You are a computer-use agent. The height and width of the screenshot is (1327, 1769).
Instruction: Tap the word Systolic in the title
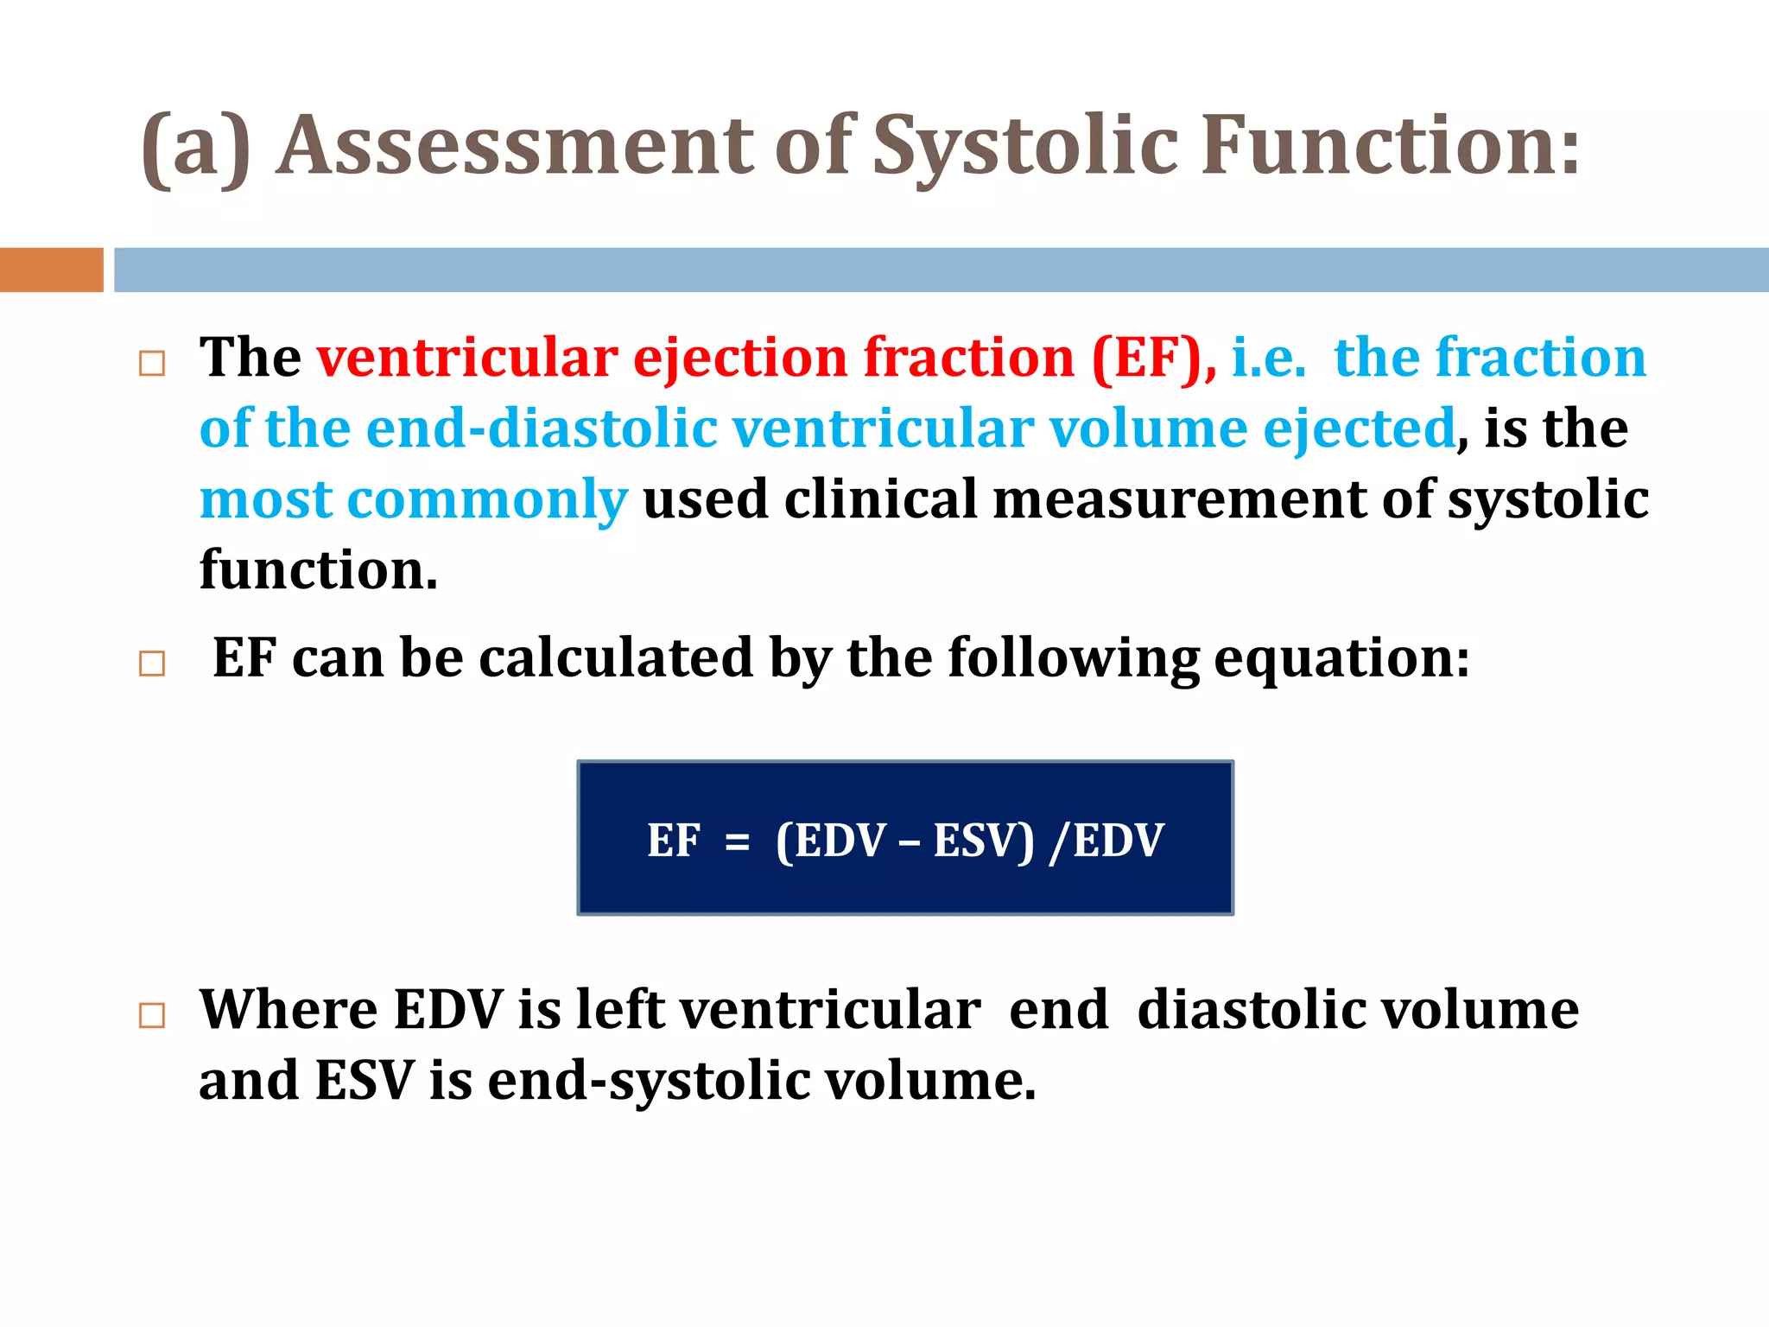tap(1025, 147)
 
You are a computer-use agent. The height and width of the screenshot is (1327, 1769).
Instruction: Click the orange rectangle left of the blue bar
tap(51, 270)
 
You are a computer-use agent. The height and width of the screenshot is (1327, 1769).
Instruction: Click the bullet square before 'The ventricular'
tap(152, 364)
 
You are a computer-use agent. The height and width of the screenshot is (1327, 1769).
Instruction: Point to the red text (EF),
tap(1154, 357)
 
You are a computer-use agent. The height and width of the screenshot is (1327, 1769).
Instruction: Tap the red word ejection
tap(740, 359)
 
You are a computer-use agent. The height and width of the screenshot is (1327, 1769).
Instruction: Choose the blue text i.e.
tap(1267, 357)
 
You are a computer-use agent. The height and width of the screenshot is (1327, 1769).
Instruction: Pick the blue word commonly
tap(487, 500)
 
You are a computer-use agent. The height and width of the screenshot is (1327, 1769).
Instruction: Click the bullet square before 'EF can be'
tap(152, 663)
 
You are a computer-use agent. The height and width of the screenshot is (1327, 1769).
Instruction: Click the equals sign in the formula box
tap(737, 841)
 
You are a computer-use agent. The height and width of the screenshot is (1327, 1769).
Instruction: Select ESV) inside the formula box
tap(983, 841)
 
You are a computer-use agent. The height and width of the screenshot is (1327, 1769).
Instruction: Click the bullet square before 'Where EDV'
tap(152, 1015)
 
